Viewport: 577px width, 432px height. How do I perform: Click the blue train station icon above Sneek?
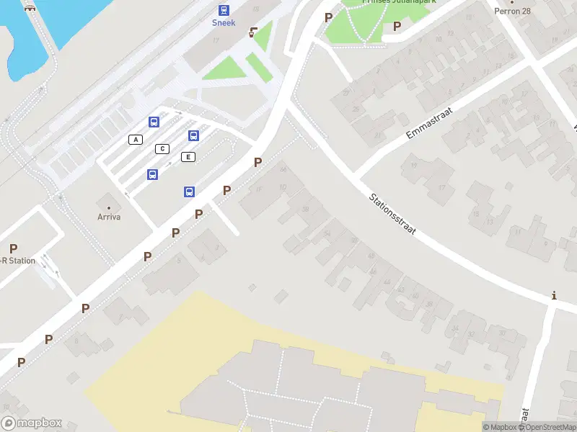coord(224,10)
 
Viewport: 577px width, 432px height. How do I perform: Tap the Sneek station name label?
coord(224,22)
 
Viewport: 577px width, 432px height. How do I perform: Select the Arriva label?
coord(109,217)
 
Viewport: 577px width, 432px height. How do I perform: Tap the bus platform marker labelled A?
coord(135,139)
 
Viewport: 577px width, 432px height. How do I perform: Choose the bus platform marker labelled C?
coord(162,148)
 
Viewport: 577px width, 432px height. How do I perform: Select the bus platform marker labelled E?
coord(188,157)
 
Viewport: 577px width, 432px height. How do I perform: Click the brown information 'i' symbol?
coord(554,295)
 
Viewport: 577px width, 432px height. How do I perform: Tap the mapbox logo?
coord(32,423)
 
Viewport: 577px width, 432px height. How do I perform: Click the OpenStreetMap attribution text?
coord(546,427)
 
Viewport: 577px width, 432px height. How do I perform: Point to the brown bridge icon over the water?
coord(30,7)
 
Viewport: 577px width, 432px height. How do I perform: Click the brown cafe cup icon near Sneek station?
coord(253,32)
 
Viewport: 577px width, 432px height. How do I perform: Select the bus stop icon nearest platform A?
coord(154,122)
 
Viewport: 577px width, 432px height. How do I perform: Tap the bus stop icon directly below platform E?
coord(189,192)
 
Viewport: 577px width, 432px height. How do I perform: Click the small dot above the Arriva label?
coord(109,207)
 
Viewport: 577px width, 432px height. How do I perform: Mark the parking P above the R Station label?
coord(13,248)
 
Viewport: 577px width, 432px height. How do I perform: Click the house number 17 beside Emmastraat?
coord(441,189)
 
